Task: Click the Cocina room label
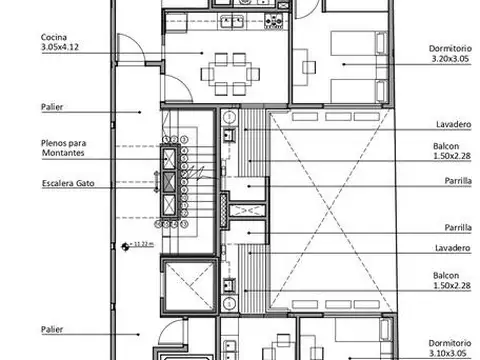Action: click(54, 37)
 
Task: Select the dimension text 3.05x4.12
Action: click(60, 47)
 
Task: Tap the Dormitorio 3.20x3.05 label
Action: click(450, 53)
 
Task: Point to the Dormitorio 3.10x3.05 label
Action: click(450, 348)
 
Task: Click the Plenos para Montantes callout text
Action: click(63, 148)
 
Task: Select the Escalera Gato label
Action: click(68, 183)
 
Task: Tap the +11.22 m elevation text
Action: click(142, 244)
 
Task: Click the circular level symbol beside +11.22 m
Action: click(125, 247)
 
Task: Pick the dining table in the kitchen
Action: click(230, 74)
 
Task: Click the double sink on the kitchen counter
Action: click(232, 22)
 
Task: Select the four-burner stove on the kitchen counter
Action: click(273, 21)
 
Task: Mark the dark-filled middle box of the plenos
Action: click(169, 182)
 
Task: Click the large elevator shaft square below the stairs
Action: click(189, 286)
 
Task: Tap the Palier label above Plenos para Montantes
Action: click(52, 107)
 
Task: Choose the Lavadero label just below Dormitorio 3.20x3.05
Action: click(454, 124)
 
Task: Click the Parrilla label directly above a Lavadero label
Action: click(458, 228)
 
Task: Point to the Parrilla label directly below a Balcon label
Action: click(458, 181)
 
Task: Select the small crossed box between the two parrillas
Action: click(247, 211)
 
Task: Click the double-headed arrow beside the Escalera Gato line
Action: click(156, 182)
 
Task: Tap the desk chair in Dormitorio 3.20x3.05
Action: click(309, 67)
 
